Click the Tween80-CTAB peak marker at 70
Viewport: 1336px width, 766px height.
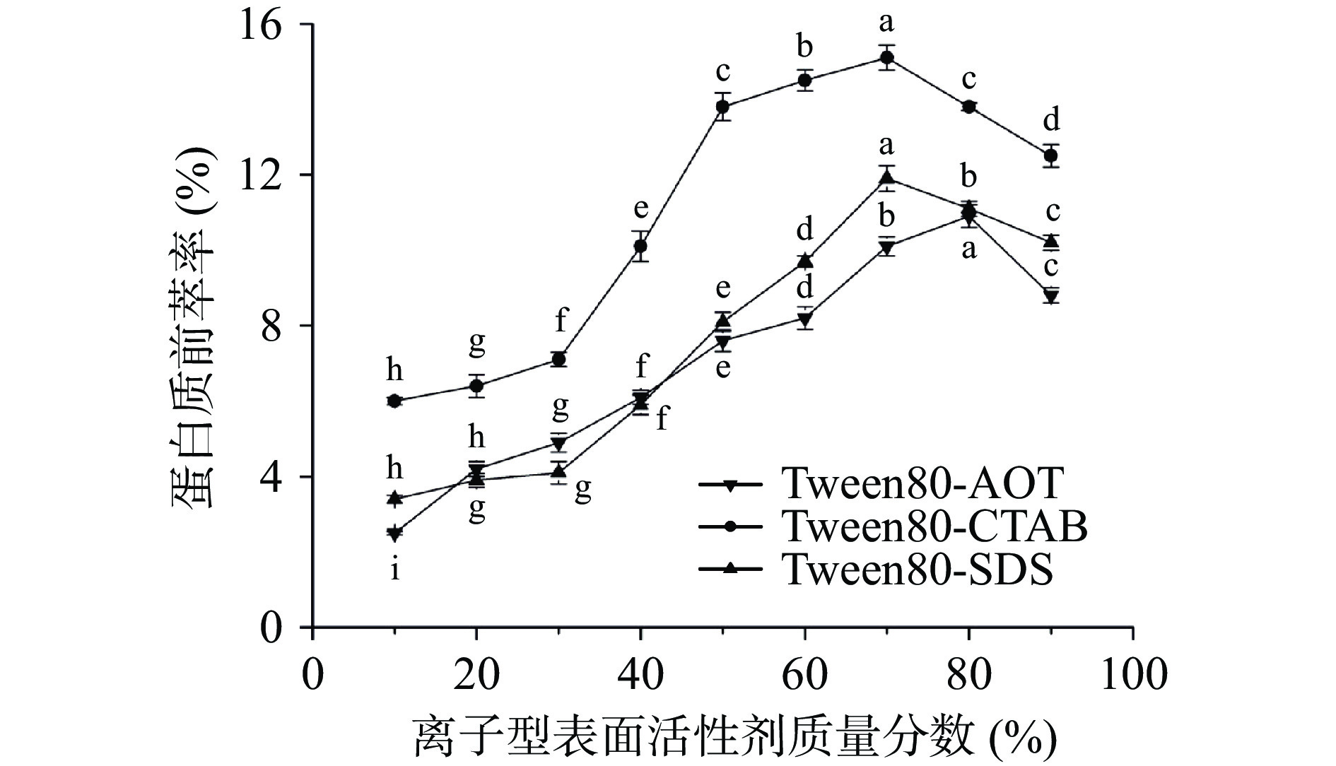886,57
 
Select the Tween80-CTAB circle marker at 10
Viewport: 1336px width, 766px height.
394,401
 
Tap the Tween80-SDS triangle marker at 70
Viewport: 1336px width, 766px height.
886,177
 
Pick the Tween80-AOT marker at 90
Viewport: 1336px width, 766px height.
1051,296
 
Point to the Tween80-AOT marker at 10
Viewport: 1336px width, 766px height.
394,534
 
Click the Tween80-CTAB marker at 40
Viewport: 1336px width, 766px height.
640,246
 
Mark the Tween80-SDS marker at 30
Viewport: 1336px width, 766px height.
558,471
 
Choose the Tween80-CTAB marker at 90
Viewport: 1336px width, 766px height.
1051,155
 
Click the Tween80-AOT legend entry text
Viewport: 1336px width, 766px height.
922,484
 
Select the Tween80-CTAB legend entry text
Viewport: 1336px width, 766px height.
935,526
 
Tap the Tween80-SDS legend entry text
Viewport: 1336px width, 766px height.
918,569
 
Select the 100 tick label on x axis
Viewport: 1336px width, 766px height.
1132,675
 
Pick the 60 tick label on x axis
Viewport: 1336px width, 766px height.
804,675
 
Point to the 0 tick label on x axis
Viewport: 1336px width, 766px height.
312,675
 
